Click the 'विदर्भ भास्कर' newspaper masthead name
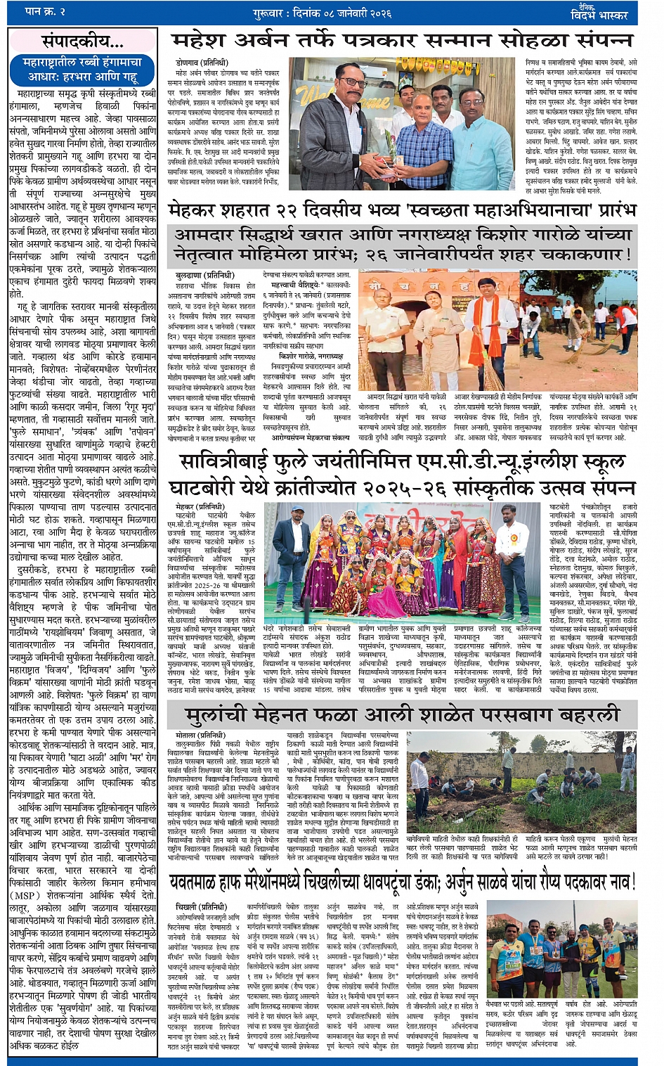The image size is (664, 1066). [602, 15]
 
